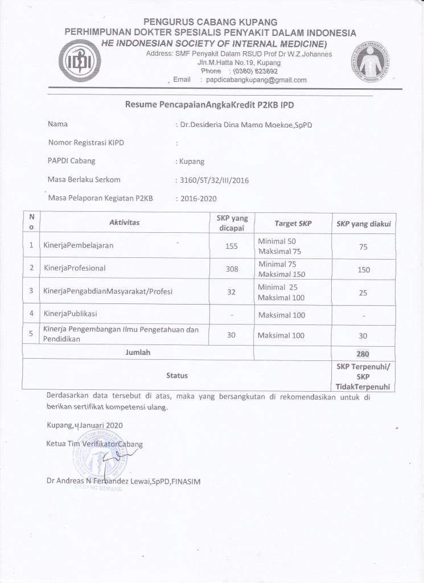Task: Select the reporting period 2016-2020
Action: click(x=199, y=199)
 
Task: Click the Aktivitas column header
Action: click(x=124, y=223)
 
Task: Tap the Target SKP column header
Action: click(x=293, y=223)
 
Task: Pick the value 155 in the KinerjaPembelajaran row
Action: click(x=232, y=246)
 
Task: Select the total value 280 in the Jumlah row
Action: click(x=364, y=354)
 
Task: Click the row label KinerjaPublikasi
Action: click(x=71, y=314)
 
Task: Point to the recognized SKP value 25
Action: click(x=364, y=293)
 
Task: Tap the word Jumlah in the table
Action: click(x=138, y=352)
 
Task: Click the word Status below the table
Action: click(x=176, y=375)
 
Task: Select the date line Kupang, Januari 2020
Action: click(x=85, y=425)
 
